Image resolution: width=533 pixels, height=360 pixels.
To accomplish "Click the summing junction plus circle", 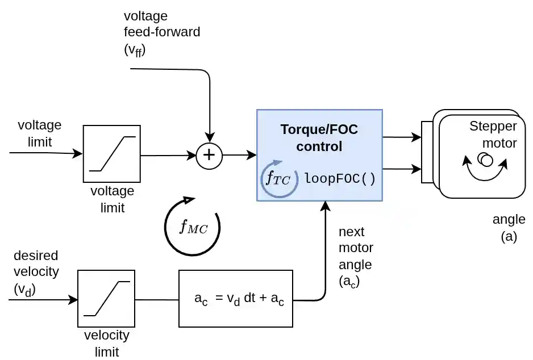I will click(x=210, y=155).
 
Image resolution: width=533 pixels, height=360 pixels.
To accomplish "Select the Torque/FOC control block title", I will click(x=319, y=138).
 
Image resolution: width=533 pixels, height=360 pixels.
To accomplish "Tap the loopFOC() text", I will click(x=340, y=178).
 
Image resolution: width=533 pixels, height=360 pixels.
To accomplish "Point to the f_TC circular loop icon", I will click(x=279, y=179).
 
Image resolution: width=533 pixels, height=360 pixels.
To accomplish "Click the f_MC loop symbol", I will click(x=192, y=227).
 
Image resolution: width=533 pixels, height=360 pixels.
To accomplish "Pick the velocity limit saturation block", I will click(x=106, y=299).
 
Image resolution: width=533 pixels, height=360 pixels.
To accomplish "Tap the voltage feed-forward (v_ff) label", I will click(x=161, y=32).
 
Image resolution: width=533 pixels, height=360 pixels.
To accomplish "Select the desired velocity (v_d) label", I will click(x=35, y=272).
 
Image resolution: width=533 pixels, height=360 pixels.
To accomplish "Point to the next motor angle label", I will click(x=356, y=256).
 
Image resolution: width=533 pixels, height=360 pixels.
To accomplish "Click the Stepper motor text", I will click(x=493, y=135).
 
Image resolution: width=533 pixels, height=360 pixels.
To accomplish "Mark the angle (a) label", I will click(x=509, y=227).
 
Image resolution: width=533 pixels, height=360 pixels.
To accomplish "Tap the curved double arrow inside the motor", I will click(x=486, y=171).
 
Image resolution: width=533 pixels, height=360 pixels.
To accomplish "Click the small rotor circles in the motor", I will click(x=485, y=159).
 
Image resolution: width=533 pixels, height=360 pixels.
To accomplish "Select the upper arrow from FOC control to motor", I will click(x=402, y=137).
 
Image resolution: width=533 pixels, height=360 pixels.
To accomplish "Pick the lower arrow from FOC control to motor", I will click(x=402, y=169).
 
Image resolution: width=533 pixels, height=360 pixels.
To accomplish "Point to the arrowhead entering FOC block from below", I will click(x=326, y=206).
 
